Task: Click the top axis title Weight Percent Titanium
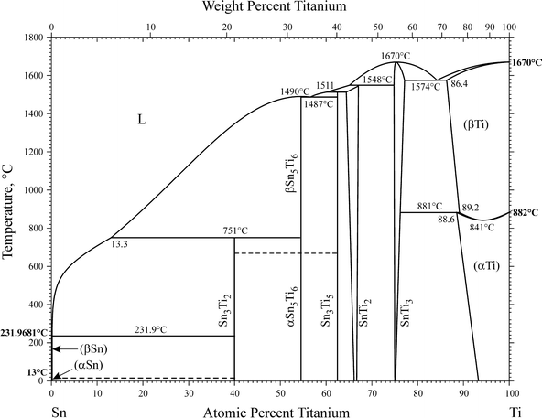[280, 8]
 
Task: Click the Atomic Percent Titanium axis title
[280, 412]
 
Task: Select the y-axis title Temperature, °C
[9, 209]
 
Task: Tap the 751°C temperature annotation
[236, 230]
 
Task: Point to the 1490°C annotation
[295, 91]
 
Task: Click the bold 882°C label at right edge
[526, 212]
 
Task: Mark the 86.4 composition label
[459, 84]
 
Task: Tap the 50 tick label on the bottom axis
[280, 393]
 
